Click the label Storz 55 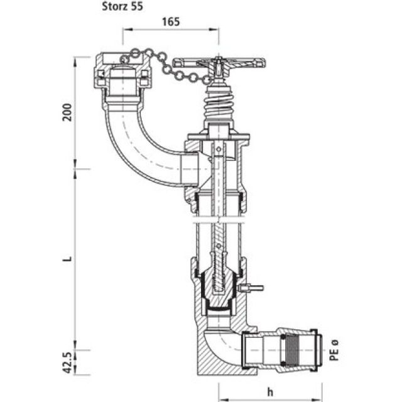click(x=126, y=8)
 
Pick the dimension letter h click(x=271, y=391)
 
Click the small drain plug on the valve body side click(x=252, y=289)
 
